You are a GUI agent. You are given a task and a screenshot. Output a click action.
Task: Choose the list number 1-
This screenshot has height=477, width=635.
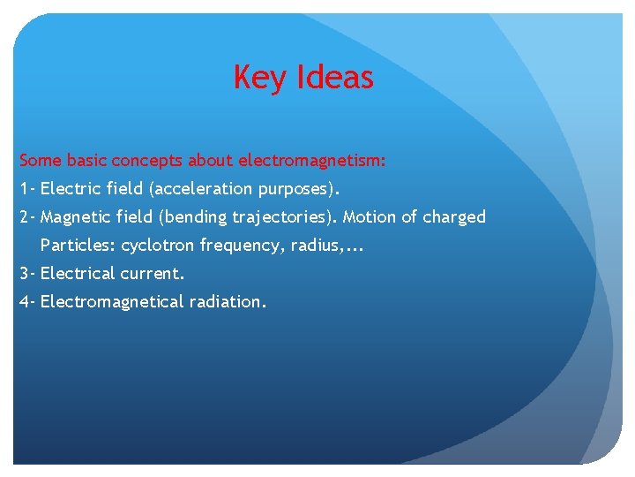pyautogui.click(x=27, y=189)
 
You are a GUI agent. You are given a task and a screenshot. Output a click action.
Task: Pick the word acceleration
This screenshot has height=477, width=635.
pyautogui.click(x=202, y=189)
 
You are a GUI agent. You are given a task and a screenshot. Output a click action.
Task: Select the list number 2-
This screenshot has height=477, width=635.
pyautogui.click(x=27, y=217)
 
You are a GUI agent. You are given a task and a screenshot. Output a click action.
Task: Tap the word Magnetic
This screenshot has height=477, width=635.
pyautogui.click(x=73, y=217)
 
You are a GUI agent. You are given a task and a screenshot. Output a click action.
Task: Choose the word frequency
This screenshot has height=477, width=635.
pyautogui.click(x=237, y=246)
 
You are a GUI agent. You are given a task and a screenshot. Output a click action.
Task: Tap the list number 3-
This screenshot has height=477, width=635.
pyautogui.click(x=27, y=274)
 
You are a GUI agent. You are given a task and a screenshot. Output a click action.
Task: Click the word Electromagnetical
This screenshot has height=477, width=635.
pyautogui.click(x=111, y=302)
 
